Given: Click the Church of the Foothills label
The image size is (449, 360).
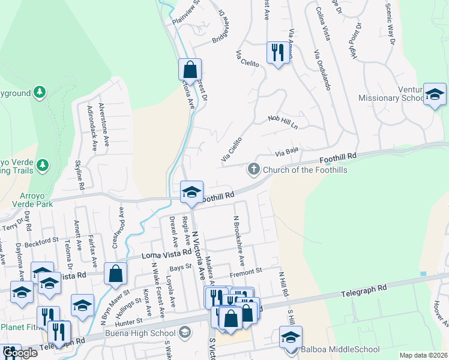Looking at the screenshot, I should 305,170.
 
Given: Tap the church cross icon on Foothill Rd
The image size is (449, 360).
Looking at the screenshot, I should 254,170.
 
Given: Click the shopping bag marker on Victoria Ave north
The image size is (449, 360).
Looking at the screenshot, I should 190,70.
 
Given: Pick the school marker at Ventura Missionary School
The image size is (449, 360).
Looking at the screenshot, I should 435,94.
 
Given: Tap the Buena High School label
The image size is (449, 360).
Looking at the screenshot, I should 147,332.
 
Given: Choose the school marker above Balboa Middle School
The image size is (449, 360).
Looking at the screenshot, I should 291,337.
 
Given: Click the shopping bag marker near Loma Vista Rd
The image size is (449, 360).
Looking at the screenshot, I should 115,274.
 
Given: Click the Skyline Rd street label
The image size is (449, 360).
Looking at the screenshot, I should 79,170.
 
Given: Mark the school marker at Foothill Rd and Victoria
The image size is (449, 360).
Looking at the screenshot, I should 192,192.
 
